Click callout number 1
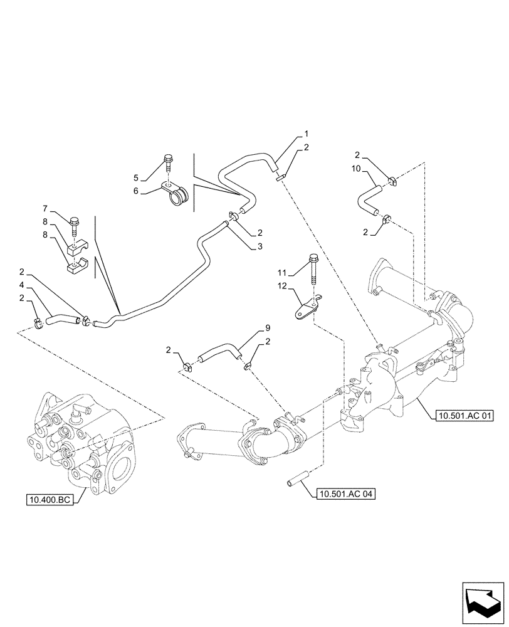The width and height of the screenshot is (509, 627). pos(306,134)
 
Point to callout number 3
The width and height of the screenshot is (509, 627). pos(260,247)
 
